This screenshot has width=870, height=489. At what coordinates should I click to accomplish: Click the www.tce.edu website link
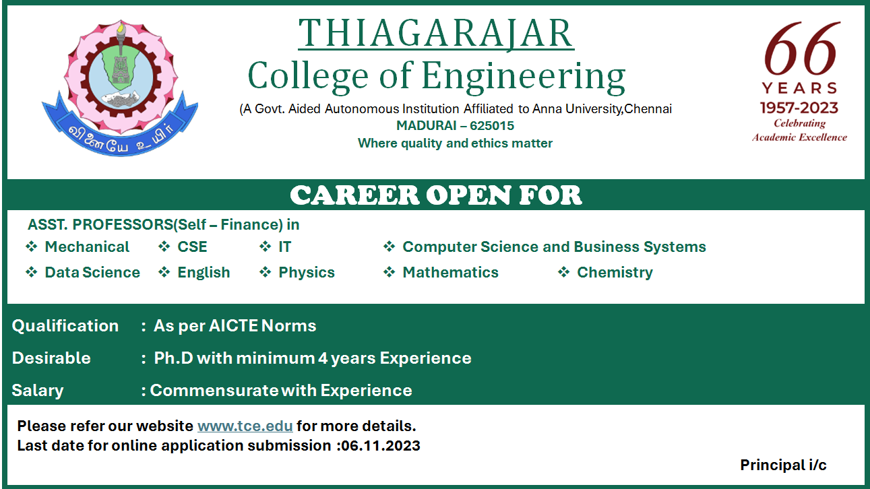coord(245,426)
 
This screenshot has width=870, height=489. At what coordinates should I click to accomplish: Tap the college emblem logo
coord(120,88)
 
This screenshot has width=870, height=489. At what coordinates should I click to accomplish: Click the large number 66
coord(801,48)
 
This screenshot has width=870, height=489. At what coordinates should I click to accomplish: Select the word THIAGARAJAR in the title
coord(436,34)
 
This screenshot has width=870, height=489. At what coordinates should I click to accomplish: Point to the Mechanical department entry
coord(87,247)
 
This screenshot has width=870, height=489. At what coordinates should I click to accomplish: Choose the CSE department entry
coord(192,247)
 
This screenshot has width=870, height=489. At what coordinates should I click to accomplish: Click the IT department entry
coord(284,247)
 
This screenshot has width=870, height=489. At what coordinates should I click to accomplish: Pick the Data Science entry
coord(92,272)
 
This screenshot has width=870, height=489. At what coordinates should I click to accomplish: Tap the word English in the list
coord(204,272)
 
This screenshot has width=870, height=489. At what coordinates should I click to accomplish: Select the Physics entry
coord(307,272)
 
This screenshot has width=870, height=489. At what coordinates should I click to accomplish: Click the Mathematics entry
coord(451,272)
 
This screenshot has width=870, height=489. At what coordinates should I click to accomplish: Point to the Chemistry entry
coord(615,272)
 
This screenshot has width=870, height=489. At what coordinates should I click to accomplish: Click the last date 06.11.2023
coord(381,445)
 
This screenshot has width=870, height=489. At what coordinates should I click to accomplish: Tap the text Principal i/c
coord(783,465)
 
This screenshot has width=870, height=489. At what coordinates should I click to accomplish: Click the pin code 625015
coord(492,126)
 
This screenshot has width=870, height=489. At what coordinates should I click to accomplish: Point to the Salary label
coord(38,391)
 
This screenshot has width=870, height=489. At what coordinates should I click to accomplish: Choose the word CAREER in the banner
coord(354,195)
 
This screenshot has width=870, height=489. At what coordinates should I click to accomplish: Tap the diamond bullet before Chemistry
coord(563,272)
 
